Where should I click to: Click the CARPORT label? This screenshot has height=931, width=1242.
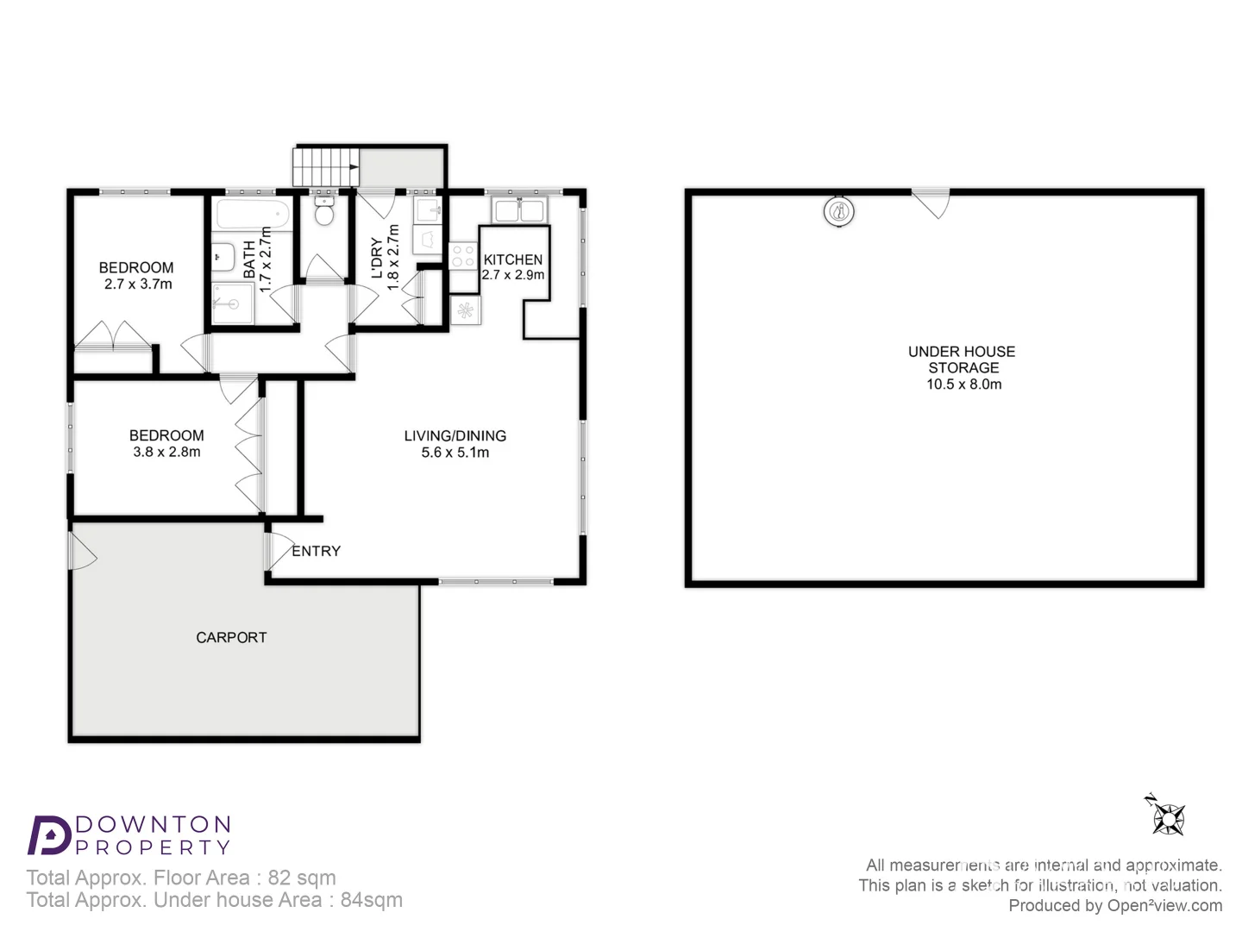click(231, 638)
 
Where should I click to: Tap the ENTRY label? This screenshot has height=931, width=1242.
click(317, 551)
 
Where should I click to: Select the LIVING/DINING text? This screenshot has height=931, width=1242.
click(455, 436)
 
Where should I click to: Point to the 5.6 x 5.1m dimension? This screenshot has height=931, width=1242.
click(455, 453)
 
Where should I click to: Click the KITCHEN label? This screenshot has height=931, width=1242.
click(513, 259)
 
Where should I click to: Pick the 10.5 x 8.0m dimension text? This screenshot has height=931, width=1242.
click(964, 384)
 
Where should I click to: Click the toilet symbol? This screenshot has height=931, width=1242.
click(324, 211)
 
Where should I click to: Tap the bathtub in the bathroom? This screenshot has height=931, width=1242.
click(252, 212)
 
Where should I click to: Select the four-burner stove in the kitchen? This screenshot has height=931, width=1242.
click(463, 255)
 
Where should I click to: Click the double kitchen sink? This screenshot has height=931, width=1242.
click(518, 209)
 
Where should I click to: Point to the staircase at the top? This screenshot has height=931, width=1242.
click(325, 167)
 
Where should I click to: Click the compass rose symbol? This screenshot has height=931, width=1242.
click(1169, 817)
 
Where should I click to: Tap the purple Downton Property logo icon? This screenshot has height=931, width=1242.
click(49, 834)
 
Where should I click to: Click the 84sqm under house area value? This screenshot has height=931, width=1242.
click(372, 900)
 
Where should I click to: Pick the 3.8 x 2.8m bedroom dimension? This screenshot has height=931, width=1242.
click(166, 453)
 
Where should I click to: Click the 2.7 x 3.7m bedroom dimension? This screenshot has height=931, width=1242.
click(138, 284)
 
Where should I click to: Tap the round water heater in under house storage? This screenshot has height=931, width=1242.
click(838, 211)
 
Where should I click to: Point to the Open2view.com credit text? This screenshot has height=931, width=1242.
click(1164, 905)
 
